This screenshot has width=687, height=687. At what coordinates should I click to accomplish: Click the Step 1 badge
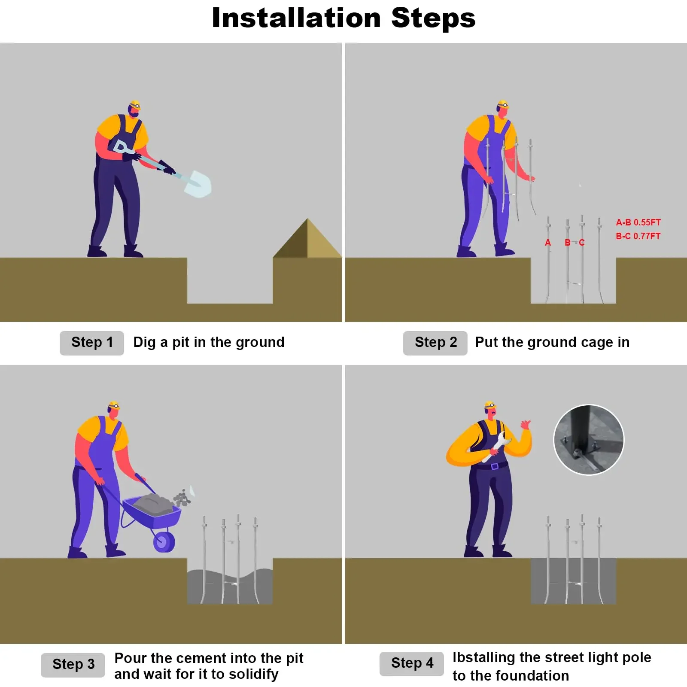click(92, 343)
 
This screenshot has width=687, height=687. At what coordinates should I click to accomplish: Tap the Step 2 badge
click(435, 343)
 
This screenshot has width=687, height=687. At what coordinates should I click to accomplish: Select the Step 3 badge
click(73, 665)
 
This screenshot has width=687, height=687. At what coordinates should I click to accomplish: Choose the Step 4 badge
click(412, 663)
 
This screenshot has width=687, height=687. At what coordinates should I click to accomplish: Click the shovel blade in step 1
click(198, 184)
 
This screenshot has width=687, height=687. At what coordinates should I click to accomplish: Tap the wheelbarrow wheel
click(164, 541)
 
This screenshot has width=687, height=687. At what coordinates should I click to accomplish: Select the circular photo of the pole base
click(589, 440)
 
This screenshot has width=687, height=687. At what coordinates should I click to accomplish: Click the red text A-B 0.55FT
click(638, 222)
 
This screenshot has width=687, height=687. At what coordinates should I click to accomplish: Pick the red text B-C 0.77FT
click(638, 236)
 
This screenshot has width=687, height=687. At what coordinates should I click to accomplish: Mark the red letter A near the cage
click(548, 243)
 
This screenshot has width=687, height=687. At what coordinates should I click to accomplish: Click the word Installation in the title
click(296, 18)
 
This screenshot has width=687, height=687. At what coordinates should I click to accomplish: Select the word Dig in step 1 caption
click(145, 343)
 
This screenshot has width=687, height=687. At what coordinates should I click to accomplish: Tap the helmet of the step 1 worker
click(135, 105)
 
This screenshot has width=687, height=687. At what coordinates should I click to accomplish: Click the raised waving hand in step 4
click(526, 425)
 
